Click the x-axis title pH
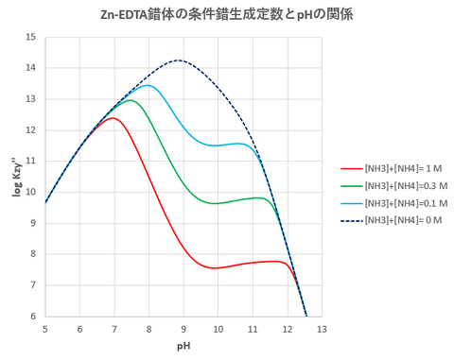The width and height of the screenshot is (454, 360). [183, 347]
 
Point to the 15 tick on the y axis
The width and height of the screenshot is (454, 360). [32, 37]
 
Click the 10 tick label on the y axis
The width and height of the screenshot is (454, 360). [32, 192]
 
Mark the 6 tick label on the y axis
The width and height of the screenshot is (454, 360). [34, 316]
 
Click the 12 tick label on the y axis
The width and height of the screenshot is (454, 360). [32, 129]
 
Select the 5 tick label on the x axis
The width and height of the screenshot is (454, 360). [44, 329]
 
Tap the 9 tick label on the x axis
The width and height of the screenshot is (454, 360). [183, 329]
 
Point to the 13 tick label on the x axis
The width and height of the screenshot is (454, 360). [322, 329]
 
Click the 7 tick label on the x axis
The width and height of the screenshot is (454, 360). [113, 329]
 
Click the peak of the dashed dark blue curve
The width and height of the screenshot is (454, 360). [178, 60]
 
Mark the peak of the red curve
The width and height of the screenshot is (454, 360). [113, 118]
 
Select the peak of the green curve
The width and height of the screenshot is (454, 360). [131, 100]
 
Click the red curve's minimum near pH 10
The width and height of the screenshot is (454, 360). [217, 267]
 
